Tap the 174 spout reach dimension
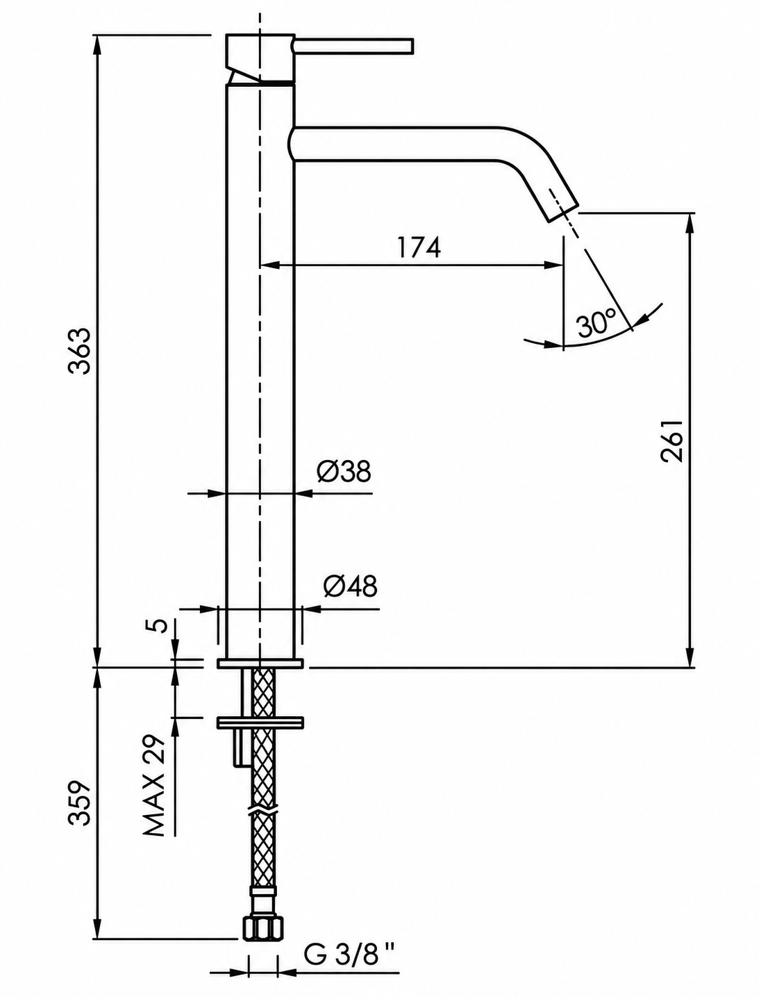pyautogui.click(x=419, y=248)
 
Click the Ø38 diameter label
pyautogui.click(x=344, y=472)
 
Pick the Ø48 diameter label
pyautogui.click(x=350, y=586)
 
